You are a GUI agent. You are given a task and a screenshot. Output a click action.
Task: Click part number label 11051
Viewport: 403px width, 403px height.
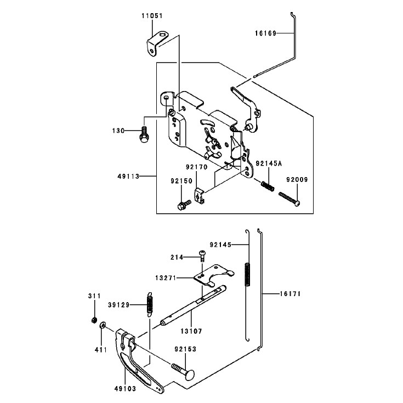click(152, 16)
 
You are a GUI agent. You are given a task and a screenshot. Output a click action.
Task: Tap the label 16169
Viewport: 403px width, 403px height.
click(265, 33)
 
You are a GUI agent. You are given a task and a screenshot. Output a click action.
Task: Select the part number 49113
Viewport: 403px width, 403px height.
click(128, 177)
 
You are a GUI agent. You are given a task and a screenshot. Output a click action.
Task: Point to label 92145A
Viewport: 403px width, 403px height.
click(269, 163)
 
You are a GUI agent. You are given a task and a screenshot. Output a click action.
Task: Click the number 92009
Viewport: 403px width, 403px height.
click(297, 179)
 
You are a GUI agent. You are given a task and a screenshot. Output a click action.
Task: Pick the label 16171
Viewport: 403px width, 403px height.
click(290, 293)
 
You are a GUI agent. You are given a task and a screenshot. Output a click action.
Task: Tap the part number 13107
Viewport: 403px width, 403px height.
click(191, 331)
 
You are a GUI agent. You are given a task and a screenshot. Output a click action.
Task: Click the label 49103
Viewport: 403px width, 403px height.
click(125, 389)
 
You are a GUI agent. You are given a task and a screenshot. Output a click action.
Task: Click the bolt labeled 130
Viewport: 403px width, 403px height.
click(144, 135)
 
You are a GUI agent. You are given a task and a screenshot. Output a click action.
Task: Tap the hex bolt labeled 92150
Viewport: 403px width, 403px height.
click(184, 205)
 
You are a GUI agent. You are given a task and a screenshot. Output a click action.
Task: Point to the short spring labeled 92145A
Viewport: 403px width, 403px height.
click(268, 186)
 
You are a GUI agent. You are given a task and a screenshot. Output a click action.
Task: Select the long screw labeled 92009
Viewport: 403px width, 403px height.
click(290, 199)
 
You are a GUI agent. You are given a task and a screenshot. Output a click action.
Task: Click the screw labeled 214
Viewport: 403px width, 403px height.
click(202, 256)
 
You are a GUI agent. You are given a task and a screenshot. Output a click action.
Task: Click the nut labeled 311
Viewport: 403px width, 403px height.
click(94, 320)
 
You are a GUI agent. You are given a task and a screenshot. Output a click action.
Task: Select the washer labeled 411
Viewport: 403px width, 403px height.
click(103, 325)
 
